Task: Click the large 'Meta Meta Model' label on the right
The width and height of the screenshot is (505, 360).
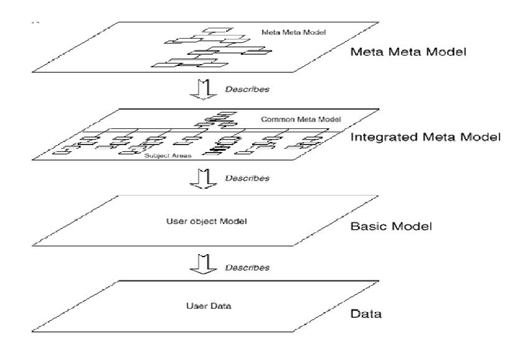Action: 408,52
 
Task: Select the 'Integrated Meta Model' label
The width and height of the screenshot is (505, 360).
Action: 425,136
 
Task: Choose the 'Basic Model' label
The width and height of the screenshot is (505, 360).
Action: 391,225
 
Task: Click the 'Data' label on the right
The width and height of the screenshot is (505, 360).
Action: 366,313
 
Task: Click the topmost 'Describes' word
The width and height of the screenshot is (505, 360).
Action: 247,90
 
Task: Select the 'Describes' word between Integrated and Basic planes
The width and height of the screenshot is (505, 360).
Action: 247,178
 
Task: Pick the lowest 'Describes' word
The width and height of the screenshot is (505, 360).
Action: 247,268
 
